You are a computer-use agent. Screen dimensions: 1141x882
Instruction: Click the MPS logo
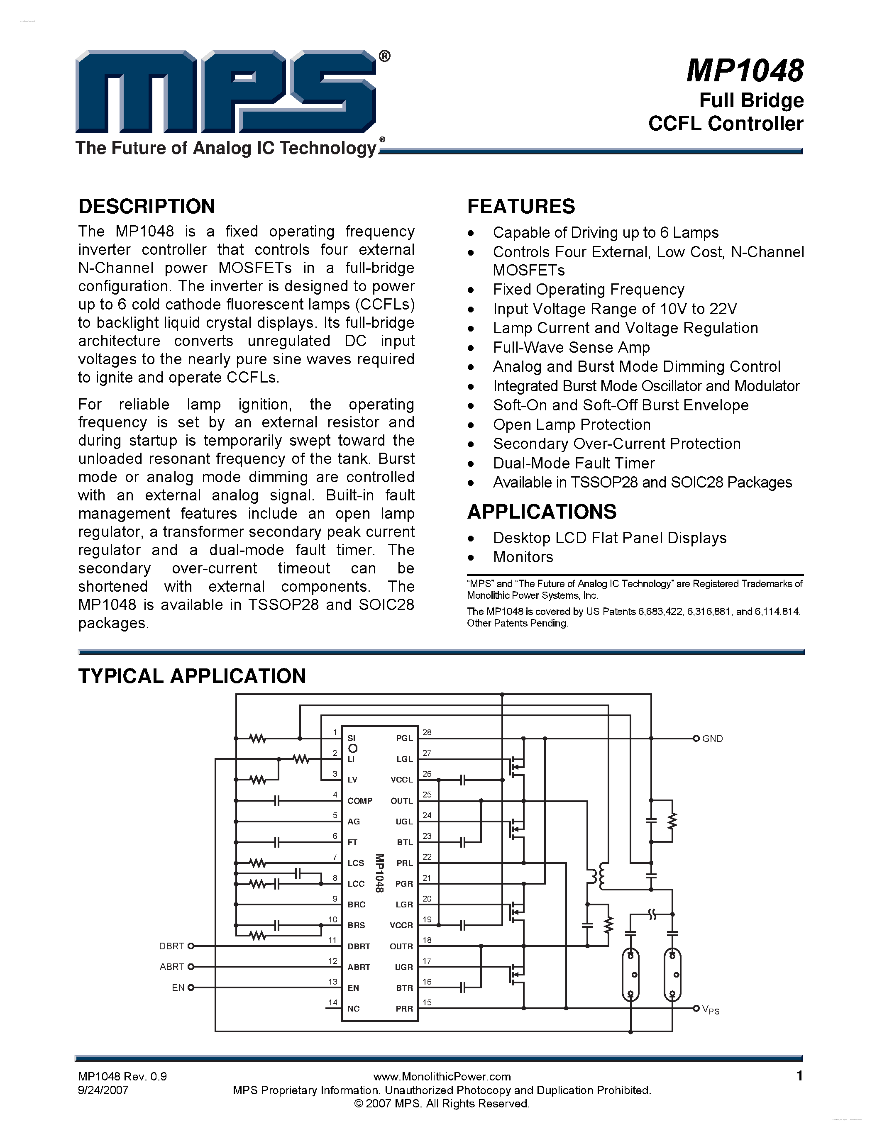click(226, 91)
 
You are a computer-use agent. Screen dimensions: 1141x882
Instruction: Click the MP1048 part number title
click(745, 71)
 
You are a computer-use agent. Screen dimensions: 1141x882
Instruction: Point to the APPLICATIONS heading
click(542, 512)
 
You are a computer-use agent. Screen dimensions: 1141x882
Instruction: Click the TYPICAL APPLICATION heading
click(192, 676)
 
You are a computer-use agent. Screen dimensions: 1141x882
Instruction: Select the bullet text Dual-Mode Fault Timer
click(574, 463)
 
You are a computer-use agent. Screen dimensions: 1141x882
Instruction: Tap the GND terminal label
click(712, 739)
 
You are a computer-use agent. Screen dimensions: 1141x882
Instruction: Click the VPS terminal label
click(711, 1010)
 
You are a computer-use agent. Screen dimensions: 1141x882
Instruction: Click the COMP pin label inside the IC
click(359, 801)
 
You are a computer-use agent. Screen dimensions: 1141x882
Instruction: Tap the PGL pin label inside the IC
click(404, 738)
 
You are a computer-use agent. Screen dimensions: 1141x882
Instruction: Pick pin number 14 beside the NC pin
click(333, 1002)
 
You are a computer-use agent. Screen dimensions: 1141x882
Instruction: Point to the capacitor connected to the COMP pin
click(277, 800)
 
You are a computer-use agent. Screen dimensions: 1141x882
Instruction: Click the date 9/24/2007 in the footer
click(103, 1090)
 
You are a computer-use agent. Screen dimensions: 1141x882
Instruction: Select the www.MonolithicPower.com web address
click(442, 1076)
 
